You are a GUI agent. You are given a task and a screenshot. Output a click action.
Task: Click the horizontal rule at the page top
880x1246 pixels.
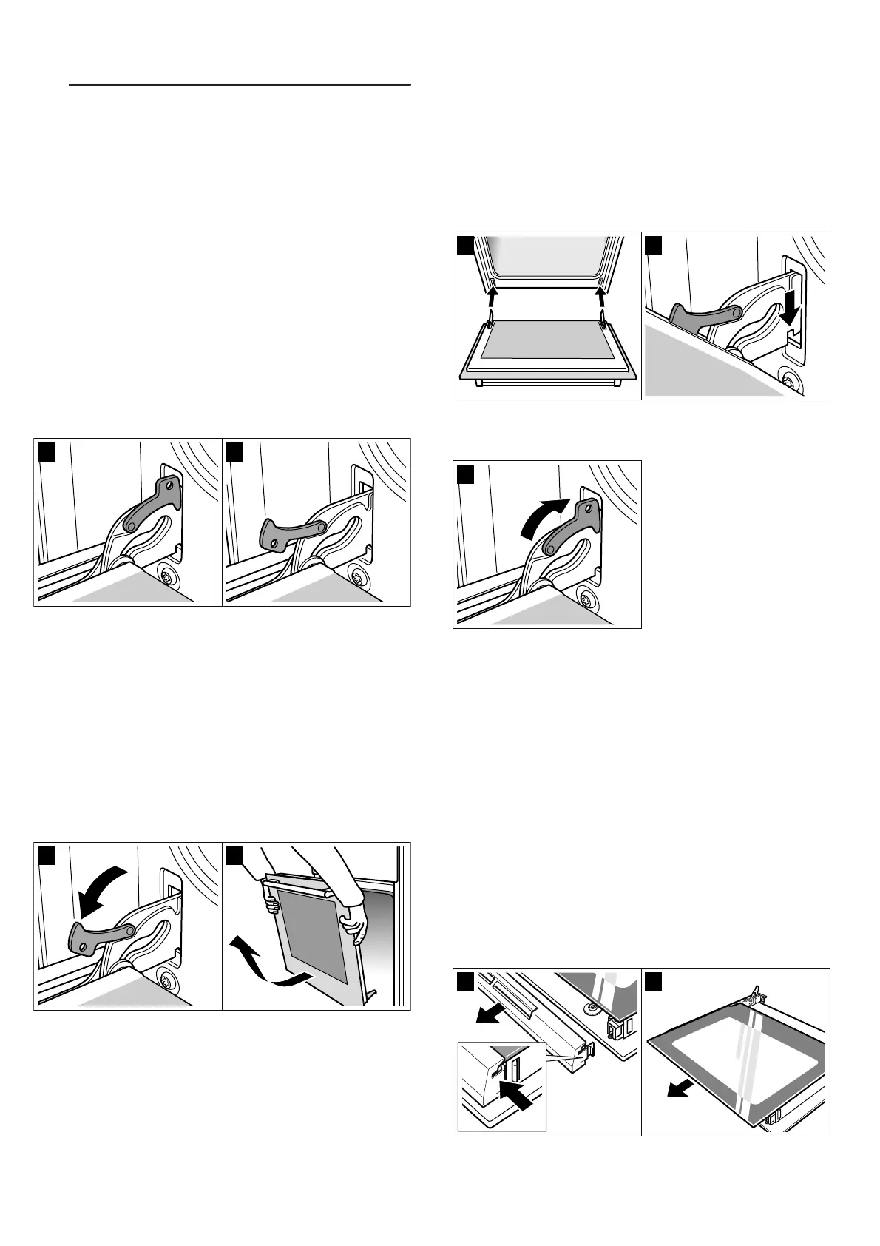click(239, 85)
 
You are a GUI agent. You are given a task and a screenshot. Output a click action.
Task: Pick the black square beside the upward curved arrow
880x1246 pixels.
click(465, 474)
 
